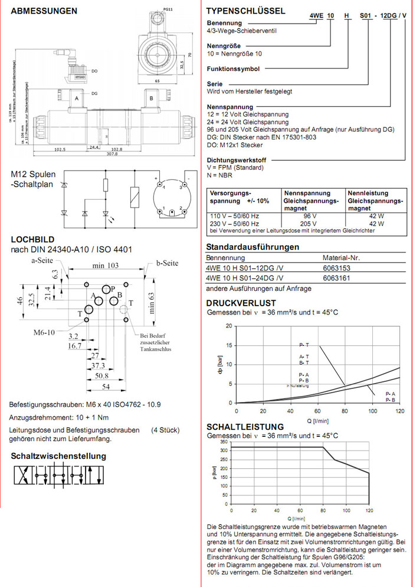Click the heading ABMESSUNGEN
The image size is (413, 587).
tap(44, 11)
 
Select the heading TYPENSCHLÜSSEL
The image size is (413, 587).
tap(245, 11)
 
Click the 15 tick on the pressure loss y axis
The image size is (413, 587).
tap(228, 346)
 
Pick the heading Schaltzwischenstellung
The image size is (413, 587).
tap(59, 456)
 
